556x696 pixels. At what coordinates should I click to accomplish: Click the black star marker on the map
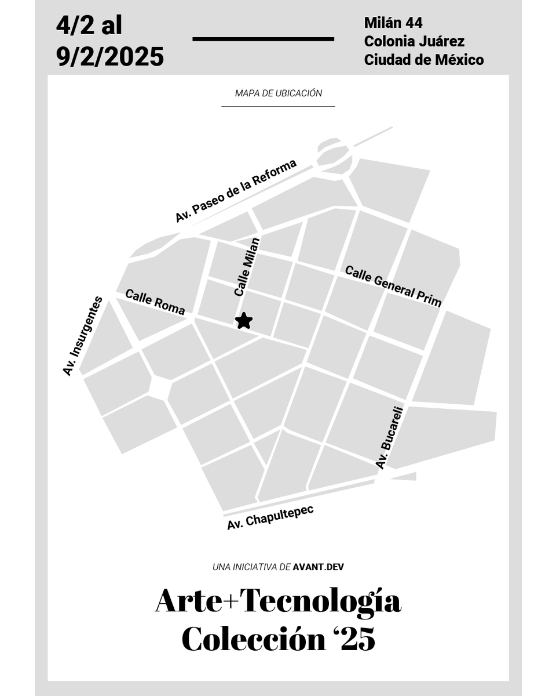[x=244, y=320]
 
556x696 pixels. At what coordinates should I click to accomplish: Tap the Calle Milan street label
[x=247, y=267]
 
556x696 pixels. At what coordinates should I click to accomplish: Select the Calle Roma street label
[x=155, y=302]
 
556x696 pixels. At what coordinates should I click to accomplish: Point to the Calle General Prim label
[x=393, y=285]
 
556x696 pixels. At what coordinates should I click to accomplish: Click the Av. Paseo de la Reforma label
[x=236, y=191]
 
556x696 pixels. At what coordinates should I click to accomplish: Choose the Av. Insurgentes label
[x=83, y=336]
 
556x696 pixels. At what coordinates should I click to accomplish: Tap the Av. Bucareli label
[x=389, y=437]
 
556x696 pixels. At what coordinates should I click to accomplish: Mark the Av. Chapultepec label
[x=270, y=517]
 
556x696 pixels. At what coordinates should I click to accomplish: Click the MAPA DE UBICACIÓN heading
[x=279, y=93]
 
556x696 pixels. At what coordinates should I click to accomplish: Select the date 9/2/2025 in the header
[x=110, y=57]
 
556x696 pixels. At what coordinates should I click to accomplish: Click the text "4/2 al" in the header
[x=89, y=26]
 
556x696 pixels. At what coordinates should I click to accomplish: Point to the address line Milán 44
[x=393, y=23]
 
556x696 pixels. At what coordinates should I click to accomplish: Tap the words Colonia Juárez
[x=414, y=41]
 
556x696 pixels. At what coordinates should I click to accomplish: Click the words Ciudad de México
[x=424, y=60]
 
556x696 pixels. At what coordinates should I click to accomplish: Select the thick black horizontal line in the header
[x=263, y=39]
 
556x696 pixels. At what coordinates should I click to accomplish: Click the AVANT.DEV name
[x=319, y=567]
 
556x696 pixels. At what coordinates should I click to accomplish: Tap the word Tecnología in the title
[x=320, y=602]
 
